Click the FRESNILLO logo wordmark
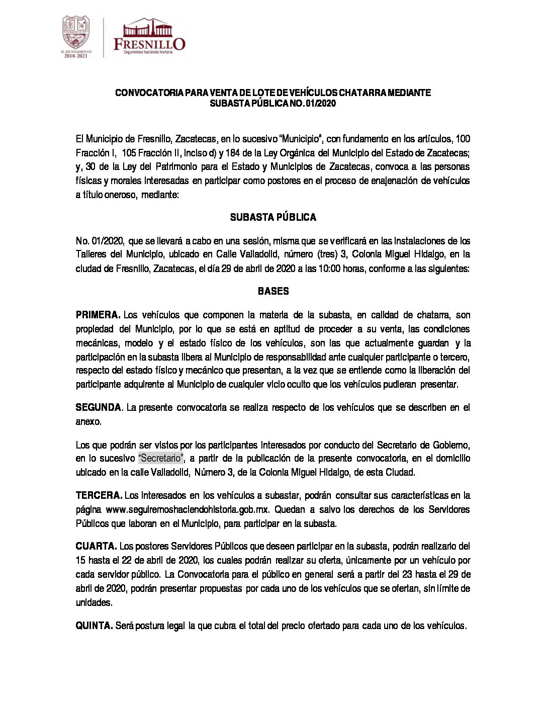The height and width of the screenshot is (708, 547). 149,44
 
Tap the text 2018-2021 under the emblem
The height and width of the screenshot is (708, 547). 76,56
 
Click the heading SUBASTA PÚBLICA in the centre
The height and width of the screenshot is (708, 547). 273,218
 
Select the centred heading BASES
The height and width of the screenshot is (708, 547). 273,291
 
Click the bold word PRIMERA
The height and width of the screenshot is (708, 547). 98,315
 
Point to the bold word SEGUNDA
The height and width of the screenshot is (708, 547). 98,408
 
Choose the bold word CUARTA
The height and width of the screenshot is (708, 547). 96,547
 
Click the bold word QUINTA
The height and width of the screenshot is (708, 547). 94,626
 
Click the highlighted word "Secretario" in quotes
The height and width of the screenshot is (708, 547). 161,459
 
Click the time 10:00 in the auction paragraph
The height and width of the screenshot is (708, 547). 330,269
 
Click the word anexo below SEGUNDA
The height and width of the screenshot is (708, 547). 88,422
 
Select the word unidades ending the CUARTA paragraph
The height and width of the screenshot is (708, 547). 94,603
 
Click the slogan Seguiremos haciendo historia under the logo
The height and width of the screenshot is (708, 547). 148,52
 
